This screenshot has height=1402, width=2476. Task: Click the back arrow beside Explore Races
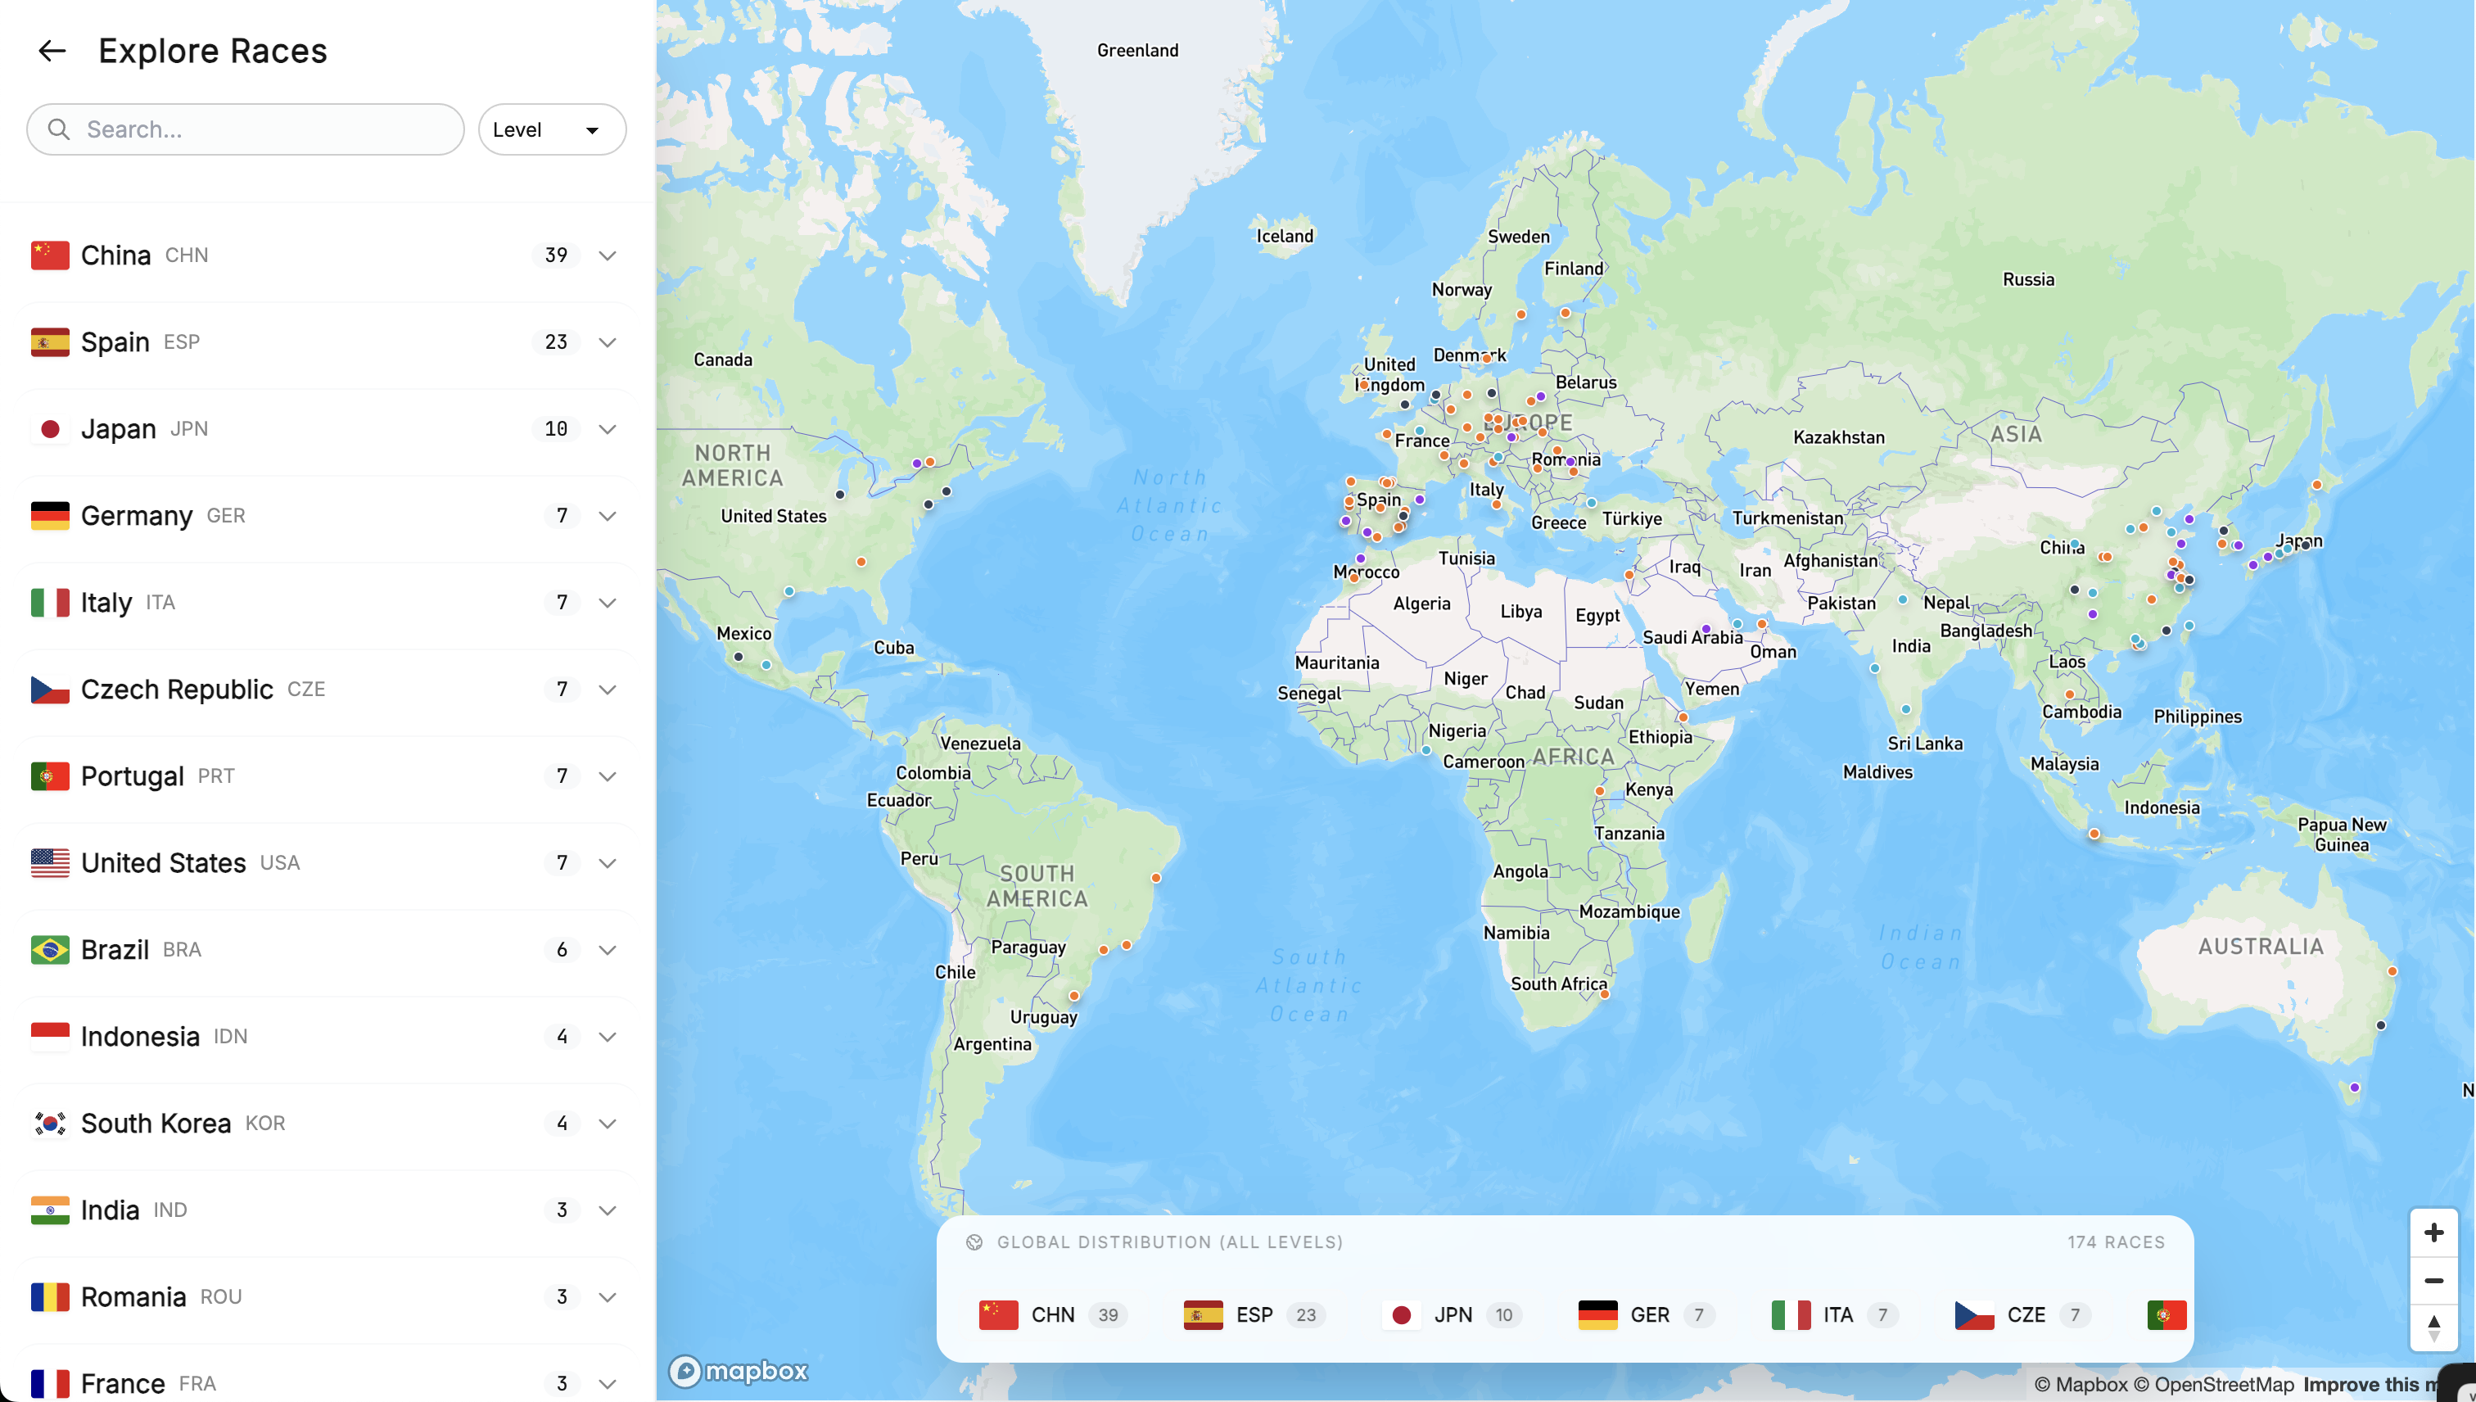52,51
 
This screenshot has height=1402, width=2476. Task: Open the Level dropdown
552,129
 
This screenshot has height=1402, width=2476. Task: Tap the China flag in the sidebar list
50,256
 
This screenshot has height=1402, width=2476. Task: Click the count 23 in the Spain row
555,341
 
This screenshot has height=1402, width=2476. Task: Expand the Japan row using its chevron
608,428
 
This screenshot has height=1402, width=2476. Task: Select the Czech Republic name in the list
177,690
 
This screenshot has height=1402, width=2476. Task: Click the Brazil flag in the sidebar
50,949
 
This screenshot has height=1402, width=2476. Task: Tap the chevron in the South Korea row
608,1123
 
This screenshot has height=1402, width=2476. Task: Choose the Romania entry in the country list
133,1296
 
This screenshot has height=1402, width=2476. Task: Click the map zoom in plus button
2433,1232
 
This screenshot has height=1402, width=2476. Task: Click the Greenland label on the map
1137,50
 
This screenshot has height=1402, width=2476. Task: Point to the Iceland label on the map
1284,236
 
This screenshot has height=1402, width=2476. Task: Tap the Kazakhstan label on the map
1837,437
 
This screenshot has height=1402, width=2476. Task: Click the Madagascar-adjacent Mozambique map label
1629,911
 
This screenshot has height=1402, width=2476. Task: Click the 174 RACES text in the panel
2115,1242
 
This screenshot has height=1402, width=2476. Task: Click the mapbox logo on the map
739,1370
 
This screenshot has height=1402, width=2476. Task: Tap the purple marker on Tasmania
2355,1088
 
